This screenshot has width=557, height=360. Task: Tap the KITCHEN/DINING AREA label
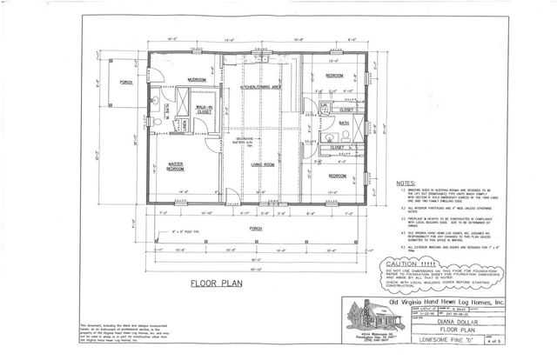265,88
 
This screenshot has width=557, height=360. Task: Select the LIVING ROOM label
264,163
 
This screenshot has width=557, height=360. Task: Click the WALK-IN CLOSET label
205,110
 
